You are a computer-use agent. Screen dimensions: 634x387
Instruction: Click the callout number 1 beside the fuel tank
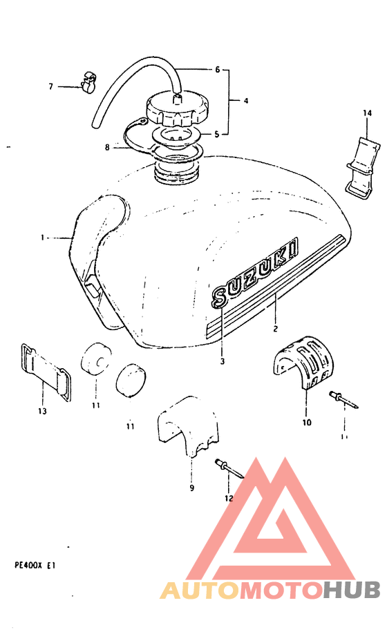coord(43,238)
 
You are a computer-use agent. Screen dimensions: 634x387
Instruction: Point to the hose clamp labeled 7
coord(87,84)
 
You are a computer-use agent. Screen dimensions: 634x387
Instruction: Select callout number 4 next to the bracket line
coord(245,101)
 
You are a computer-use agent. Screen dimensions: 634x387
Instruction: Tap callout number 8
coord(107,146)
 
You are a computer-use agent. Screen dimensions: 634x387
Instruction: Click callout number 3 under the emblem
coord(223,360)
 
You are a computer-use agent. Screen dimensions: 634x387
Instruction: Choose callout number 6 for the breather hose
coord(217,70)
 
